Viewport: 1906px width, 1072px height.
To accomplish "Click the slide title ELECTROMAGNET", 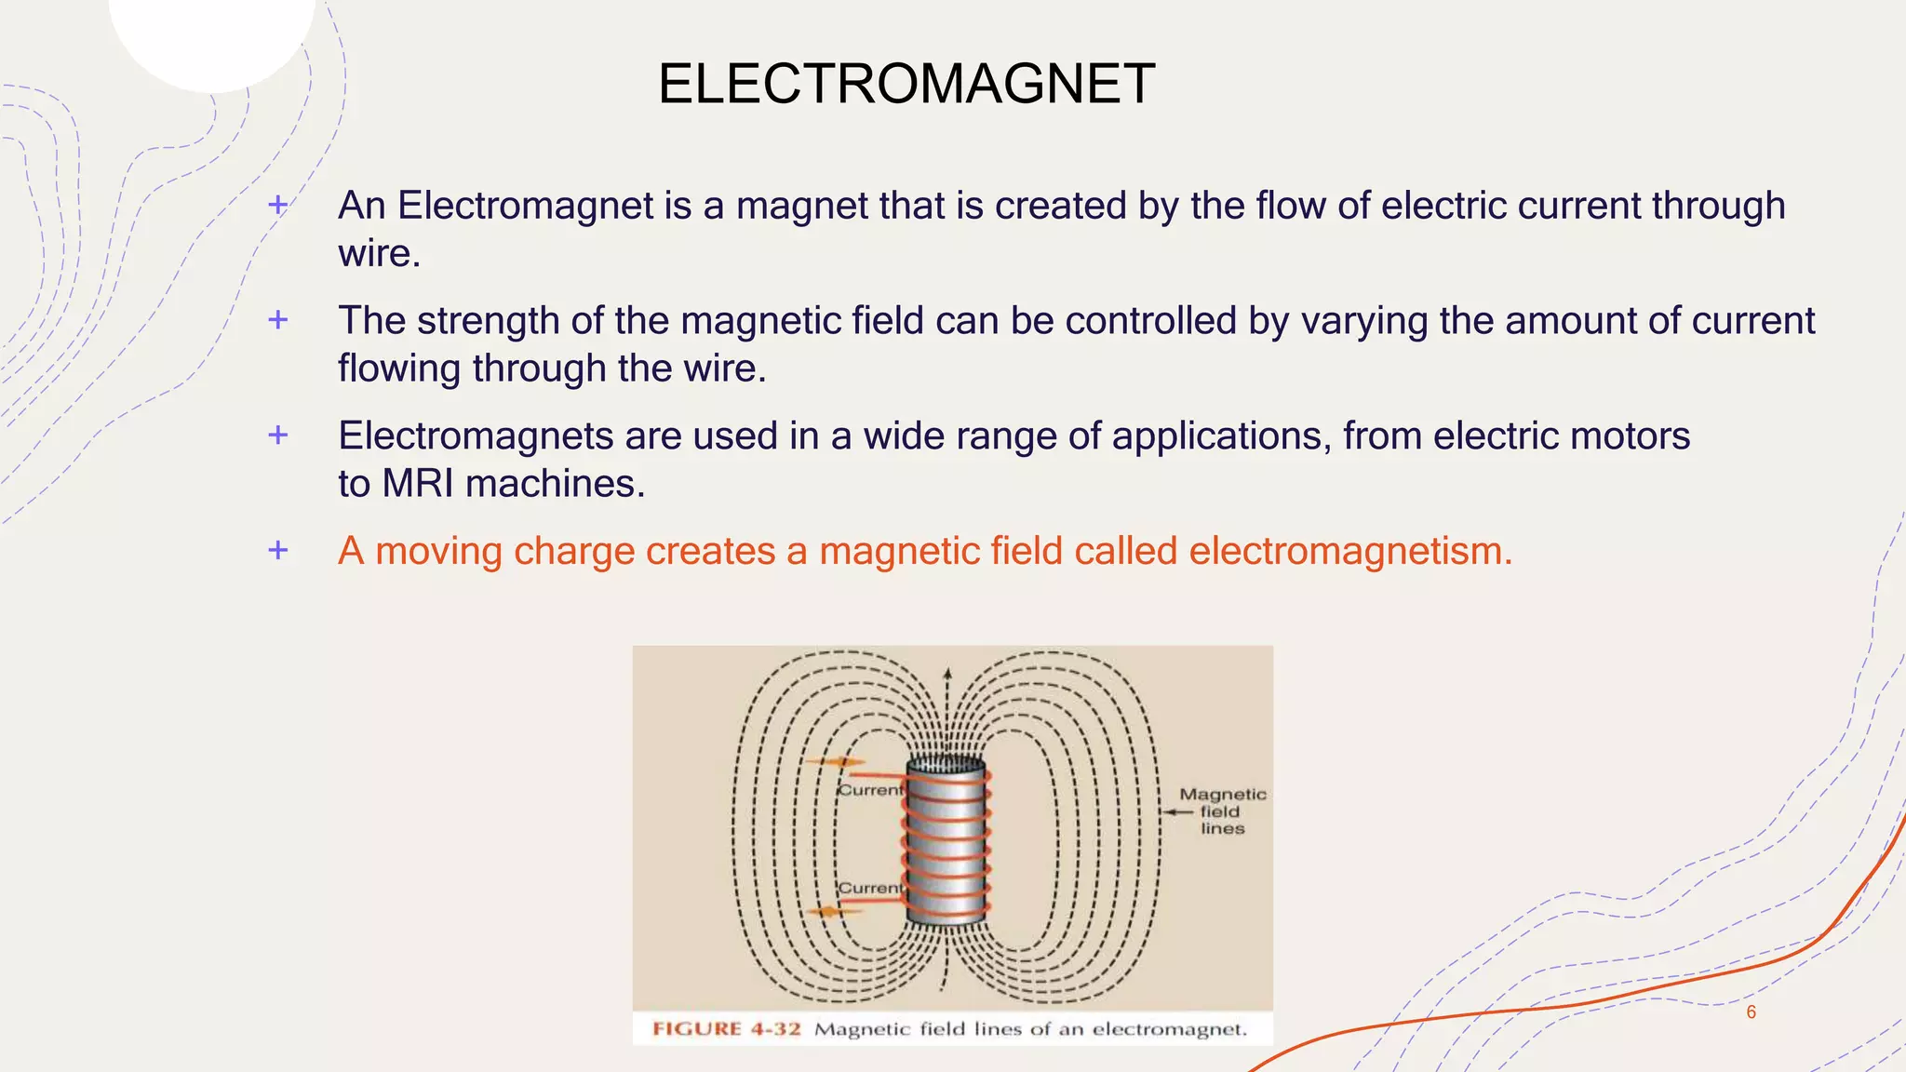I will click(x=906, y=84).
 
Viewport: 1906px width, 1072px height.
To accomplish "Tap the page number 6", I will click(x=1751, y=1012).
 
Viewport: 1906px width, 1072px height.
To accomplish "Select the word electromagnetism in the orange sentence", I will click(x=1350, y=551).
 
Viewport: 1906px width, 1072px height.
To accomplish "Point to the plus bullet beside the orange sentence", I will click(x=277, y=550).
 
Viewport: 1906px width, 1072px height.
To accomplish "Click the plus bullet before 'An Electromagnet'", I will click(x=277, y=205).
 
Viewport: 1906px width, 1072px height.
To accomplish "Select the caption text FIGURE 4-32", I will click(x=726, y=1029).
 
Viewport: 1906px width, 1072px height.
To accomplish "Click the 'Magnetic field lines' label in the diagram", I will click(x=1222, y=811).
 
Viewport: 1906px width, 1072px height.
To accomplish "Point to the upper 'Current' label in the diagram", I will click(x=870, y=790).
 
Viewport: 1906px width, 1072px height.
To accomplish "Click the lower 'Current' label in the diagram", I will click(x=870, y=888).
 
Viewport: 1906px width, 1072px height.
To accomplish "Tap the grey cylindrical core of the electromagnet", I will click(x=946, y=842).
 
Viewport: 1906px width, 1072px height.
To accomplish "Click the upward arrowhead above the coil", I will click(x=947, y=672).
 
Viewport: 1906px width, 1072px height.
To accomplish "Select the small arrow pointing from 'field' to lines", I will click(x=1177, y=811).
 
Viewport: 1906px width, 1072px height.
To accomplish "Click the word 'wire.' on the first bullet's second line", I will click(x=379, y=253).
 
